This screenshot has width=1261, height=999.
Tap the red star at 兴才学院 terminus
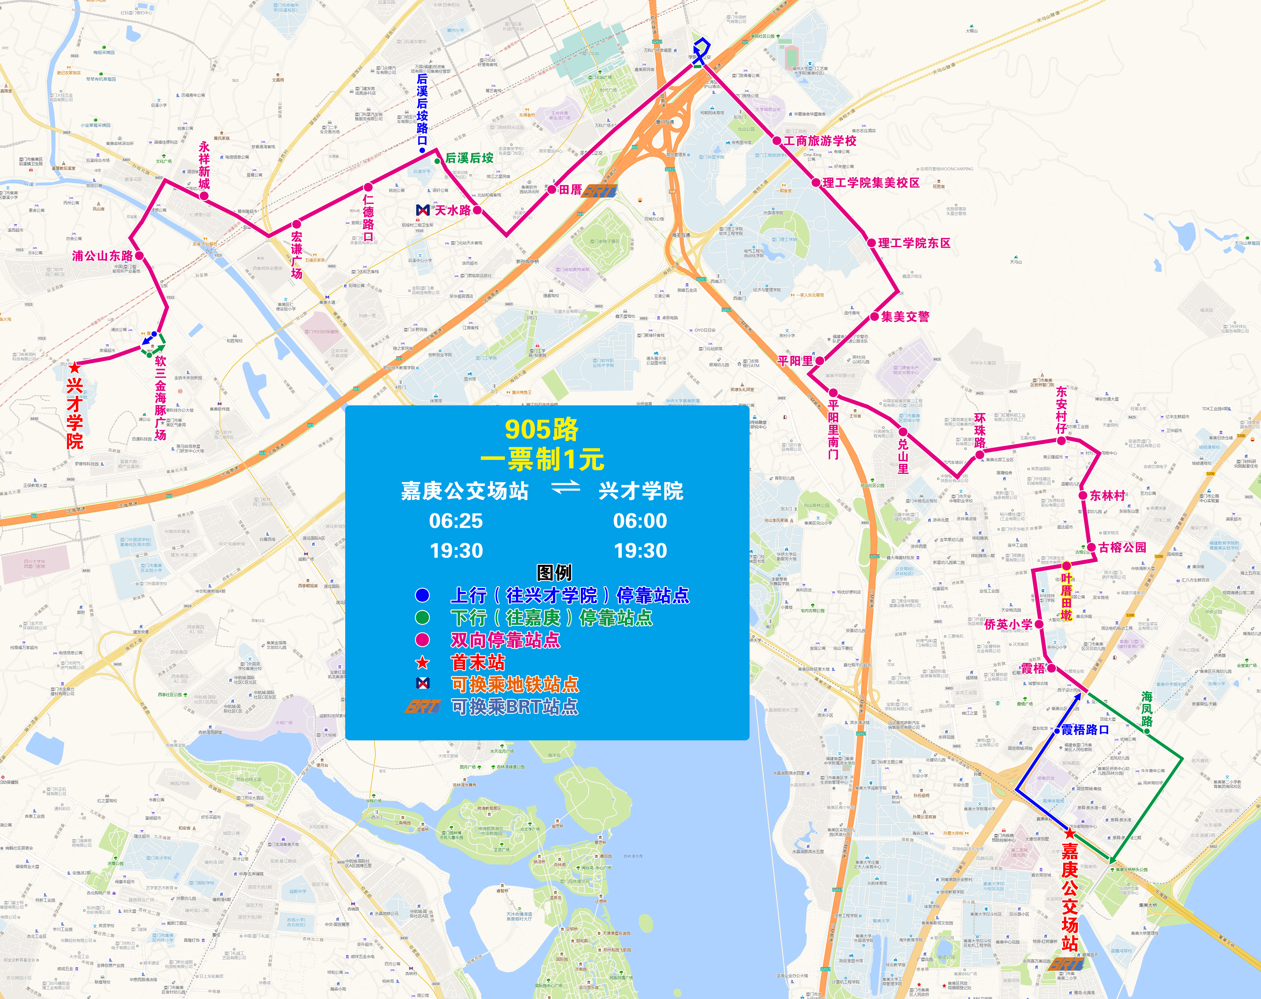pyautogui.click(x=74, y=368)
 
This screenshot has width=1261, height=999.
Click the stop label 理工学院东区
pyautogui.click(x=914, y=243)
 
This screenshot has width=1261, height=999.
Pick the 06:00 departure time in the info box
pyautogui.click(x=640, y=521)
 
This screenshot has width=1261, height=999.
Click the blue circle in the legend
pyautogui.click(x=422, y=595)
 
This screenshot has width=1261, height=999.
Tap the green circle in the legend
pyautogui.click(x=422, y=617)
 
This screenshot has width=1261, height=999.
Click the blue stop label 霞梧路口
pyautogui.click(x=1085, y=729)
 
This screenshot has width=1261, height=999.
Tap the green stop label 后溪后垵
pyautogui.click(x=469, y=158)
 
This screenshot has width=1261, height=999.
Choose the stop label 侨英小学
pyautogui.click(x=1008, y=624)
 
